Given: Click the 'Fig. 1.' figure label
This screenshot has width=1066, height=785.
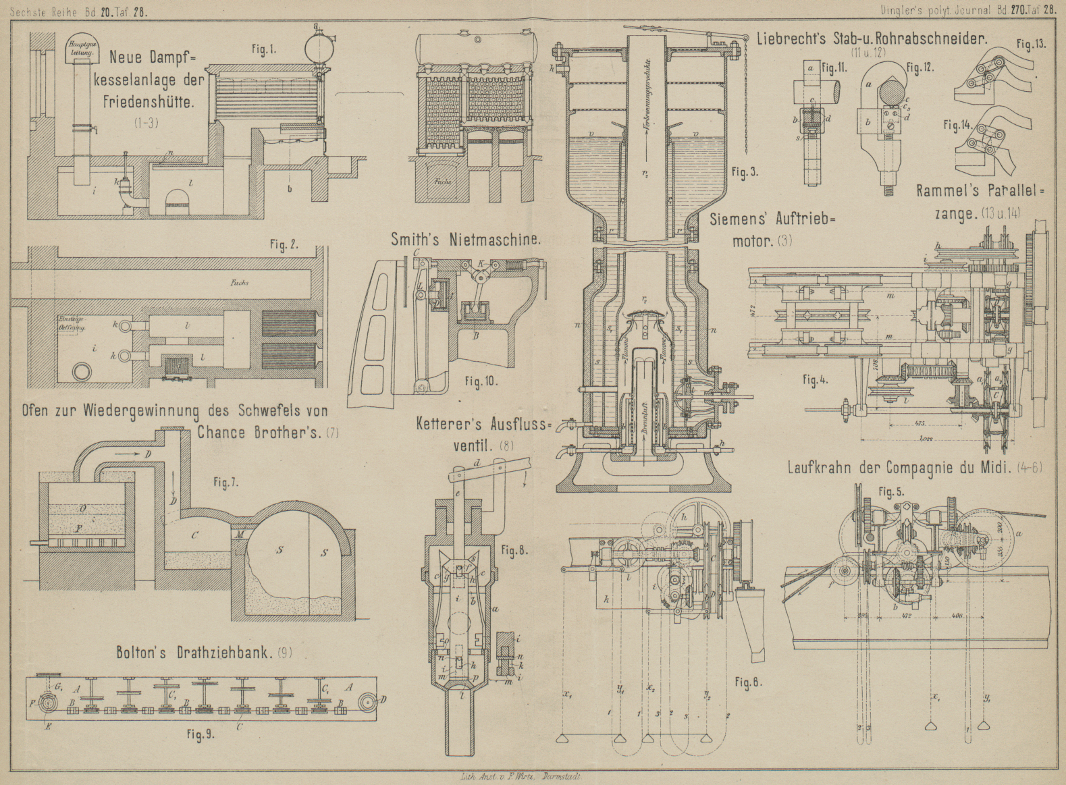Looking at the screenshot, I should [x=263, y=51].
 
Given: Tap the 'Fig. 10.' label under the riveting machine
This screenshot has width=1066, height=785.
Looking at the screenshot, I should [x=481, y=381].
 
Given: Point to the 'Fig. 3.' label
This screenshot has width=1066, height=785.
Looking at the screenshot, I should [x=745, y=173].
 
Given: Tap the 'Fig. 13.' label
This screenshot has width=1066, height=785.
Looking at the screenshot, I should [x=1031, y=45].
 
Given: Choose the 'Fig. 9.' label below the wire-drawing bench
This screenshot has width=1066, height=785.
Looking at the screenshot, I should [x=201, y=735].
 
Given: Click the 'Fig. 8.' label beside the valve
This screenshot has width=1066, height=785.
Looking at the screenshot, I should [x=514, y=550].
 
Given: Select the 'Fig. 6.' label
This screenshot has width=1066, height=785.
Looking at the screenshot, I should [x=749, y=682].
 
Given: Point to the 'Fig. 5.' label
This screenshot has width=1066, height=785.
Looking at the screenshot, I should [x=890, y=491].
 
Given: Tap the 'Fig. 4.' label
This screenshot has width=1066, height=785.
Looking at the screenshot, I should [x=815, y=380].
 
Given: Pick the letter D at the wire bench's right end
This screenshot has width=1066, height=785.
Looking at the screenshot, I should [x=383, y=699].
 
